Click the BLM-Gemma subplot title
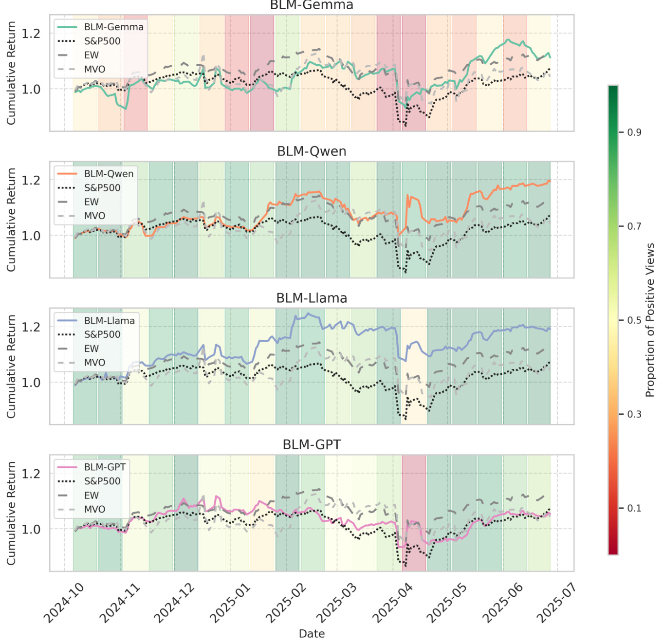(312, 5)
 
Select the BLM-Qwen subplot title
(312, 151)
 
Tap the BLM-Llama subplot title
(312, 298)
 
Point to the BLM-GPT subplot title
(312, 444)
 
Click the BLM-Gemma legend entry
(113, 27)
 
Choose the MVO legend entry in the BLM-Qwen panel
(94, 216)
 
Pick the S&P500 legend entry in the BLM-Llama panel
(102, 334)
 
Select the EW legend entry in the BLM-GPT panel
(92, 495)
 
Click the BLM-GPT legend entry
(105, 467)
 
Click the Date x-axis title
(312, 633)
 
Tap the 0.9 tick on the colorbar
(634, 132)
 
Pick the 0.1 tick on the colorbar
(634, 508)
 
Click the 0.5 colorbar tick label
(634, 320)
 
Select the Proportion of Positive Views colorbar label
(650, 320)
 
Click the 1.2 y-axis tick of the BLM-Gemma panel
(31, 34)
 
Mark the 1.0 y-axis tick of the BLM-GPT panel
(31, 529)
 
